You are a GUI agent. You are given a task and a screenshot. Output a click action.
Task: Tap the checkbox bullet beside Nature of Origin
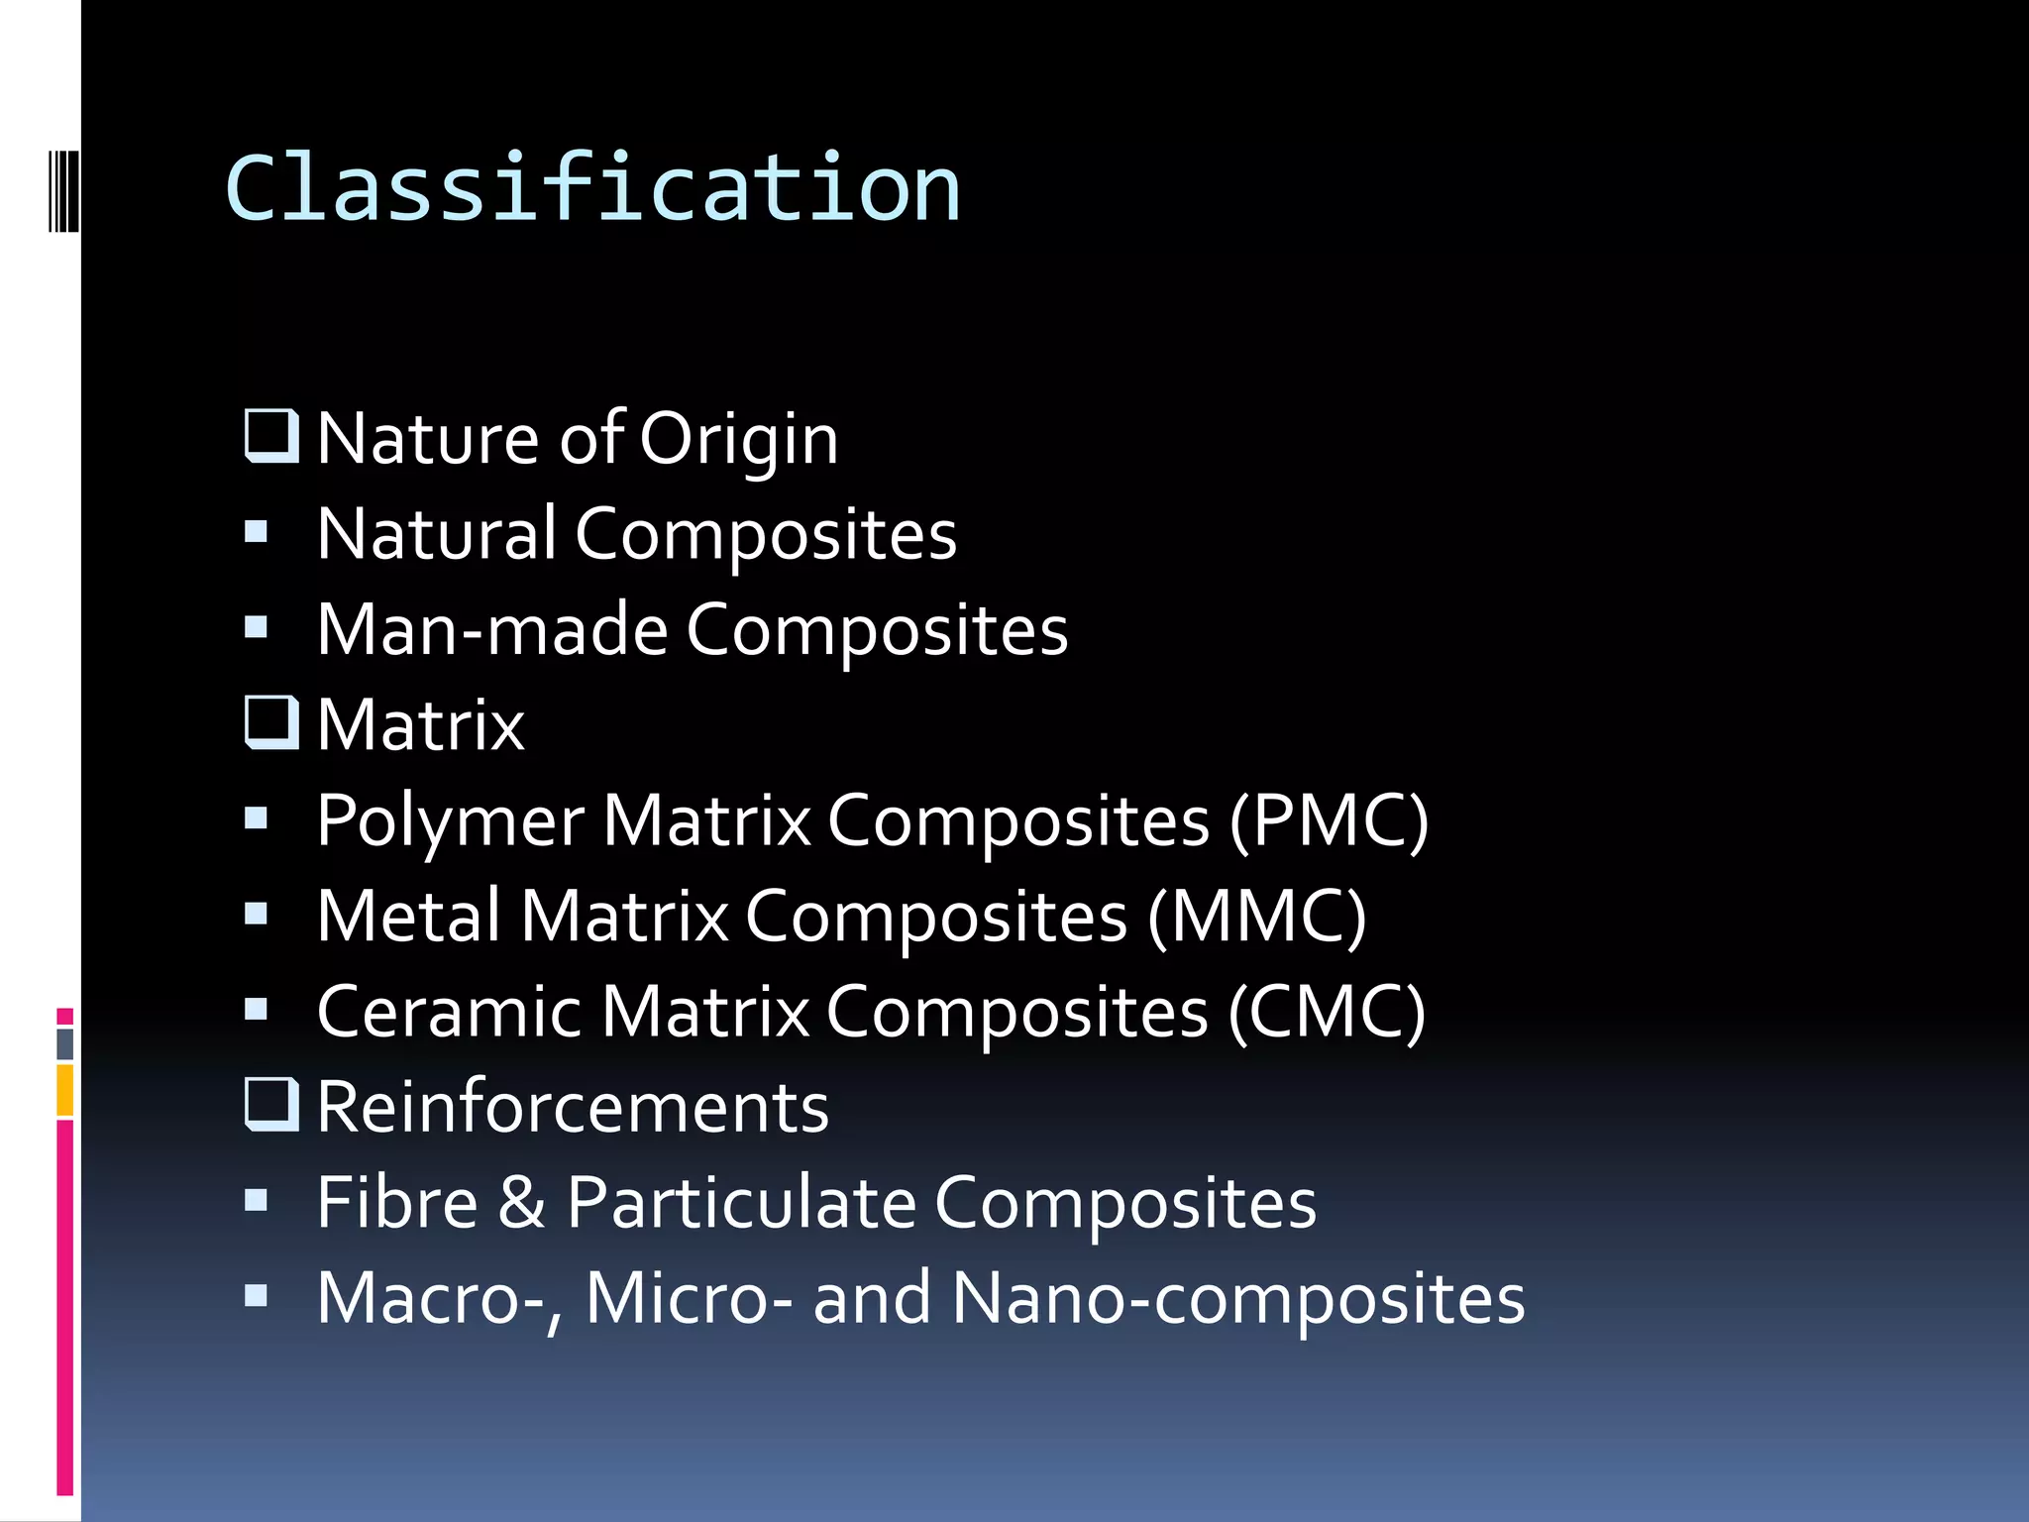coord(271,436)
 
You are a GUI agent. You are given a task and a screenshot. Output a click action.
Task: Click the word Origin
coord(738,439)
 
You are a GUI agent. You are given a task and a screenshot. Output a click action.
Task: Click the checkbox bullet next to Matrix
coord(271,722)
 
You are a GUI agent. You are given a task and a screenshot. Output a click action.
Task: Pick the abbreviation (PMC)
coord(1329,821)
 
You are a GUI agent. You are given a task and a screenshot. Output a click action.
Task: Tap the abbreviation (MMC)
coord(1257,917)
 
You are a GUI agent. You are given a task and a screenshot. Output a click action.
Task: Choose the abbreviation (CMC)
coord(1327,1013)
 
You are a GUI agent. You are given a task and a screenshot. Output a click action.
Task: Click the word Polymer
coord(450,821)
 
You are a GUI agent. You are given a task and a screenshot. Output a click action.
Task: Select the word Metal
coord(408,917)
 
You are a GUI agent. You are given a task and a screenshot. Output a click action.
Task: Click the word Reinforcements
coord(573,1107)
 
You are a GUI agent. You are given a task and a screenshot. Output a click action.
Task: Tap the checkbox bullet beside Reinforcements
coord(271,1104)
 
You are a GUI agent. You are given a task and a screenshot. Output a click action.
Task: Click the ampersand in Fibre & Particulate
coord(522,1203)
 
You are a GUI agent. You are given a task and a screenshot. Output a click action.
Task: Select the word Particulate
coord(741,1203)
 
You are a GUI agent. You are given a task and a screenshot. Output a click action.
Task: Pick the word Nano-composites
coord(1237,1298)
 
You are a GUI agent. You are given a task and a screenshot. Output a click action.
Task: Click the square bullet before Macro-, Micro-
coord(257,1295)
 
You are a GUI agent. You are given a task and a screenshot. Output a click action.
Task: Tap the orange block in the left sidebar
coord(65,1090)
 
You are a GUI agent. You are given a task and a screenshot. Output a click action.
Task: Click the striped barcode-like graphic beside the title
coord(63,189)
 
